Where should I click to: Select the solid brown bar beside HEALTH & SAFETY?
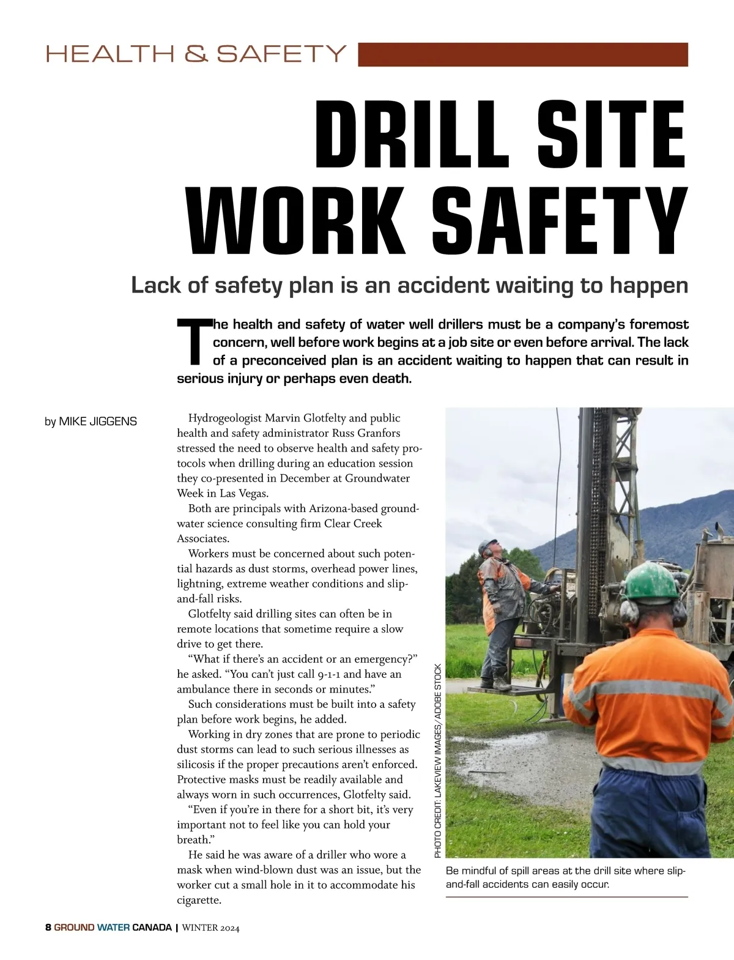(522, 54)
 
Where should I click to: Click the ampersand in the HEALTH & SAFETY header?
(196, 54)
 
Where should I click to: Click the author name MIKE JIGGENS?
(98, 422)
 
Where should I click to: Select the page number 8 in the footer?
(48, 927)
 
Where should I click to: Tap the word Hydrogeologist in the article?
(225, 419)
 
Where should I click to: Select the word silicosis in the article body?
(196, 764)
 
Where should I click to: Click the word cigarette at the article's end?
(198, 900)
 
